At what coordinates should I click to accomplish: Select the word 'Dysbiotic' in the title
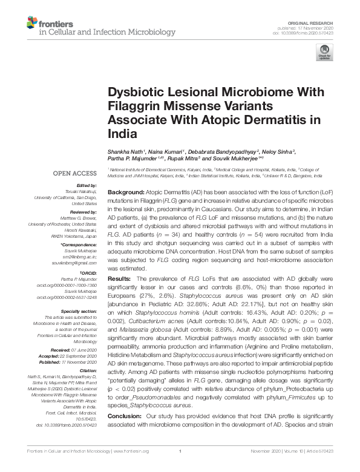pyautogui.click(x=137, y=93)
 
